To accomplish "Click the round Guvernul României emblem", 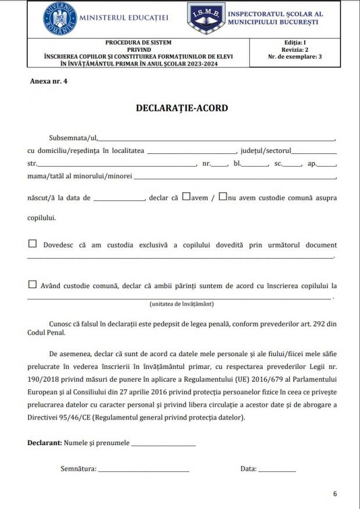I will (60, 19).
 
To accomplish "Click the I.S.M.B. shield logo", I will (206, 18).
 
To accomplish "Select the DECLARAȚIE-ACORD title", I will (182, 108).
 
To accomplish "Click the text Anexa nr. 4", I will (49, 81).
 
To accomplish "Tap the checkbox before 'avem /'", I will (186, 196).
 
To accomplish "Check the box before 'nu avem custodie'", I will (222, 196).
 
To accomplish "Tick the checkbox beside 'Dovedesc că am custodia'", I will (33, 244).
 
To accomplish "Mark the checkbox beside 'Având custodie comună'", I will (33, 285).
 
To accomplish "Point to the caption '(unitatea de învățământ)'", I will (181, 304).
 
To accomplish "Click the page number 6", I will (335, 494).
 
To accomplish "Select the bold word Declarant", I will (44, 443).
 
